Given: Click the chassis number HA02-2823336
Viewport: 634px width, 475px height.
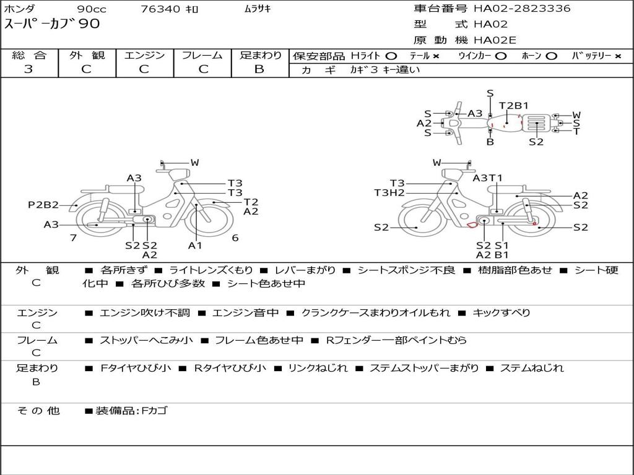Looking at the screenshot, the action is click(x=522, y=8).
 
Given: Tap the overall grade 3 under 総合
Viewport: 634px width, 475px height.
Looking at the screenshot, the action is click(x=28, y=69).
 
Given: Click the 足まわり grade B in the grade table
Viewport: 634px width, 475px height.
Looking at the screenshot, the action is click(x=259, y=69).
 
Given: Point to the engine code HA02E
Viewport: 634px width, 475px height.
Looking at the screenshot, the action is click(x=495, y=40).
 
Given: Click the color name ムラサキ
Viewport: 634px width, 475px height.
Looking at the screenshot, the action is click(x=258, y=9).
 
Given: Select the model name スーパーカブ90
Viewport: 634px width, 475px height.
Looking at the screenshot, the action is click(x=52, y=24).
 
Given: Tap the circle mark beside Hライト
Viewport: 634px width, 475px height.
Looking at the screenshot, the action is click(x=391, y=56).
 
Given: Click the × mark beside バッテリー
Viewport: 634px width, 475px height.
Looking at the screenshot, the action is click(x=618, y=56).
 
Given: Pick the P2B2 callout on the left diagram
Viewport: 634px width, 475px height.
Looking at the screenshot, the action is click(x=43, y=205).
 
